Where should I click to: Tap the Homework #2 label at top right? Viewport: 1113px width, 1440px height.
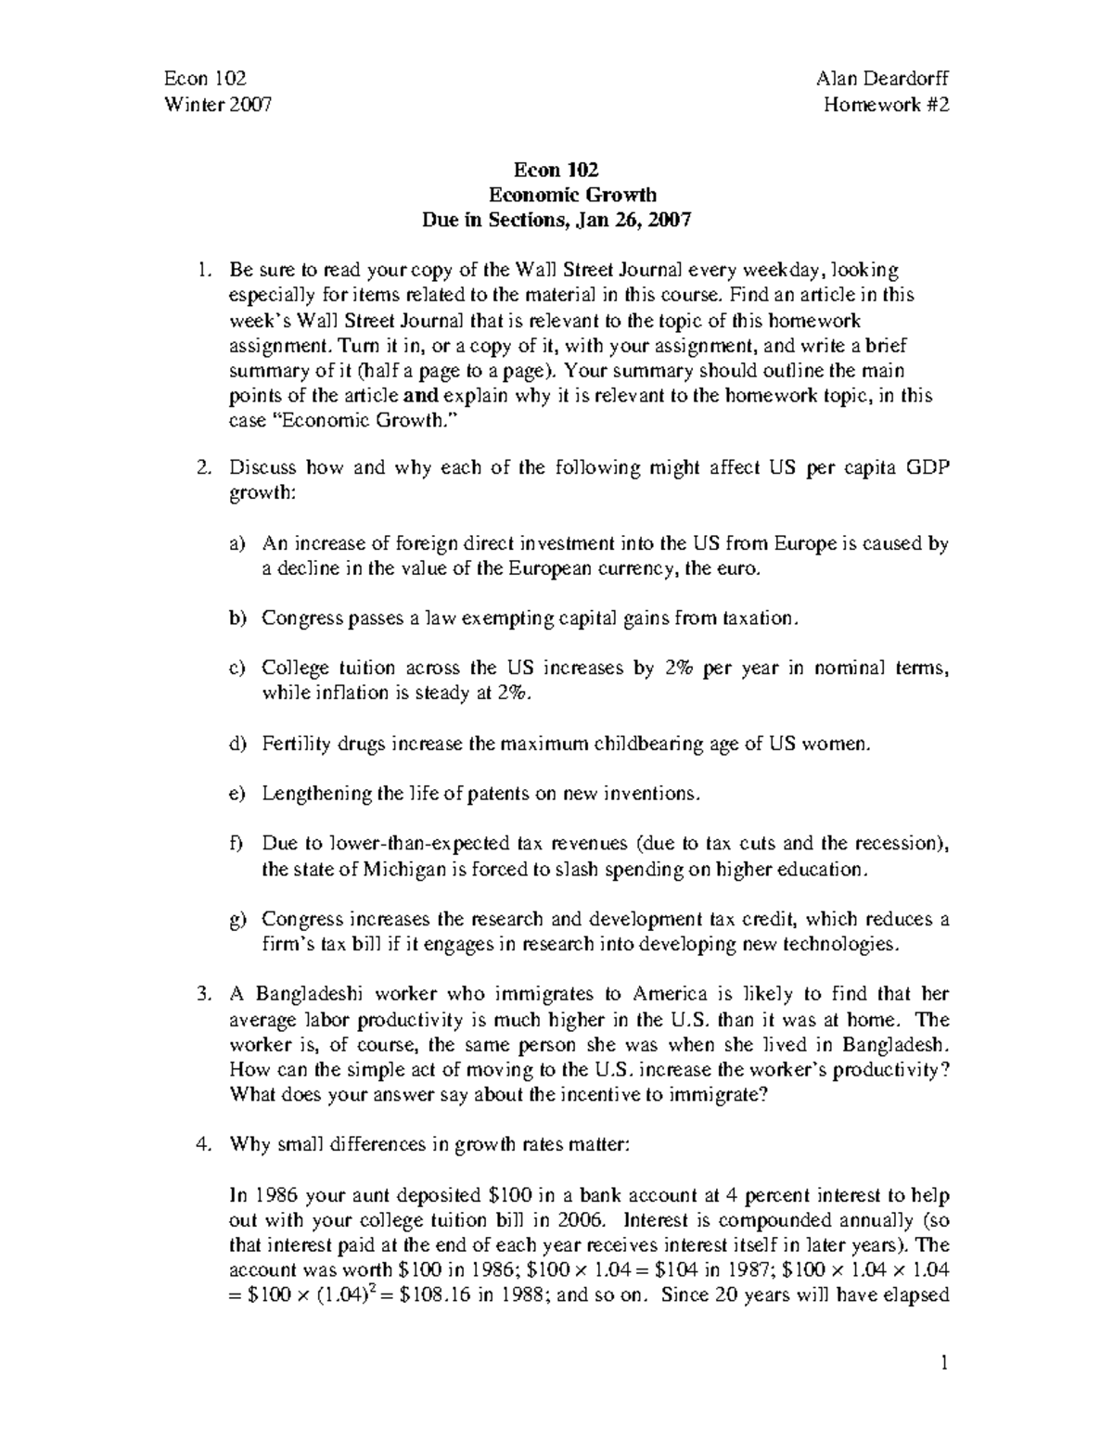pyautogui.click(x=887, y=105)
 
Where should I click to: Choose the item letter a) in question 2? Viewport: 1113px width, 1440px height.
pyautogui.click(x=237, y=544)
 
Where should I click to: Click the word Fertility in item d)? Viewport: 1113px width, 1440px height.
pyautogui.click(x=293, y=744)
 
